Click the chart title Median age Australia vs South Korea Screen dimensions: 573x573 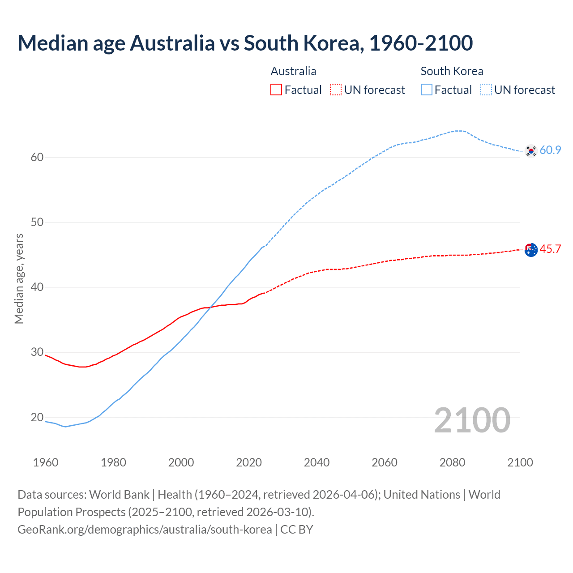click(x=245, y=43)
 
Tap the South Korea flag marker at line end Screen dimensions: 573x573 click(x=531, y=151)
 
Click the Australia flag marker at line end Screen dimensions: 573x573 click(x=531, y=250)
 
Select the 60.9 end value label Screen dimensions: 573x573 click(x=550, y=150)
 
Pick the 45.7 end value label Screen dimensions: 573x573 click(x=550, y=249)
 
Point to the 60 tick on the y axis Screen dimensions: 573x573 click(x=37, y=157)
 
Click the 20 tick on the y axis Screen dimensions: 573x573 click(x=37, y=417)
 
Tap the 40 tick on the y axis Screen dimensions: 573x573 click(x=37, y=287)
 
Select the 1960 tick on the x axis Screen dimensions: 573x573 click(x=46, y=462)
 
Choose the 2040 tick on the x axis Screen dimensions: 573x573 click(x=316, y=462)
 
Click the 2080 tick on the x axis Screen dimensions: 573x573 click(x=452, y=462)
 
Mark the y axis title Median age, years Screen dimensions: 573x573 click(x=19, y=278)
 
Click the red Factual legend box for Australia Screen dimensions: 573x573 click(x=276, y=90)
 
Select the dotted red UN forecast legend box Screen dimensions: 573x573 click(x=336, y=90)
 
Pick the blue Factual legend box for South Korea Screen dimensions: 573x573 click(x=427, y=90)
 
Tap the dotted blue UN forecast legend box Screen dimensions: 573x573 click(x=486, y=90)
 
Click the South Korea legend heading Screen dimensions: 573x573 click(x=452, y=71)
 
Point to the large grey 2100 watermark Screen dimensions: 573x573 click(x=472, y=420)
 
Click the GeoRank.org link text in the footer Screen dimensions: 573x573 click(x=145, y=530)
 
